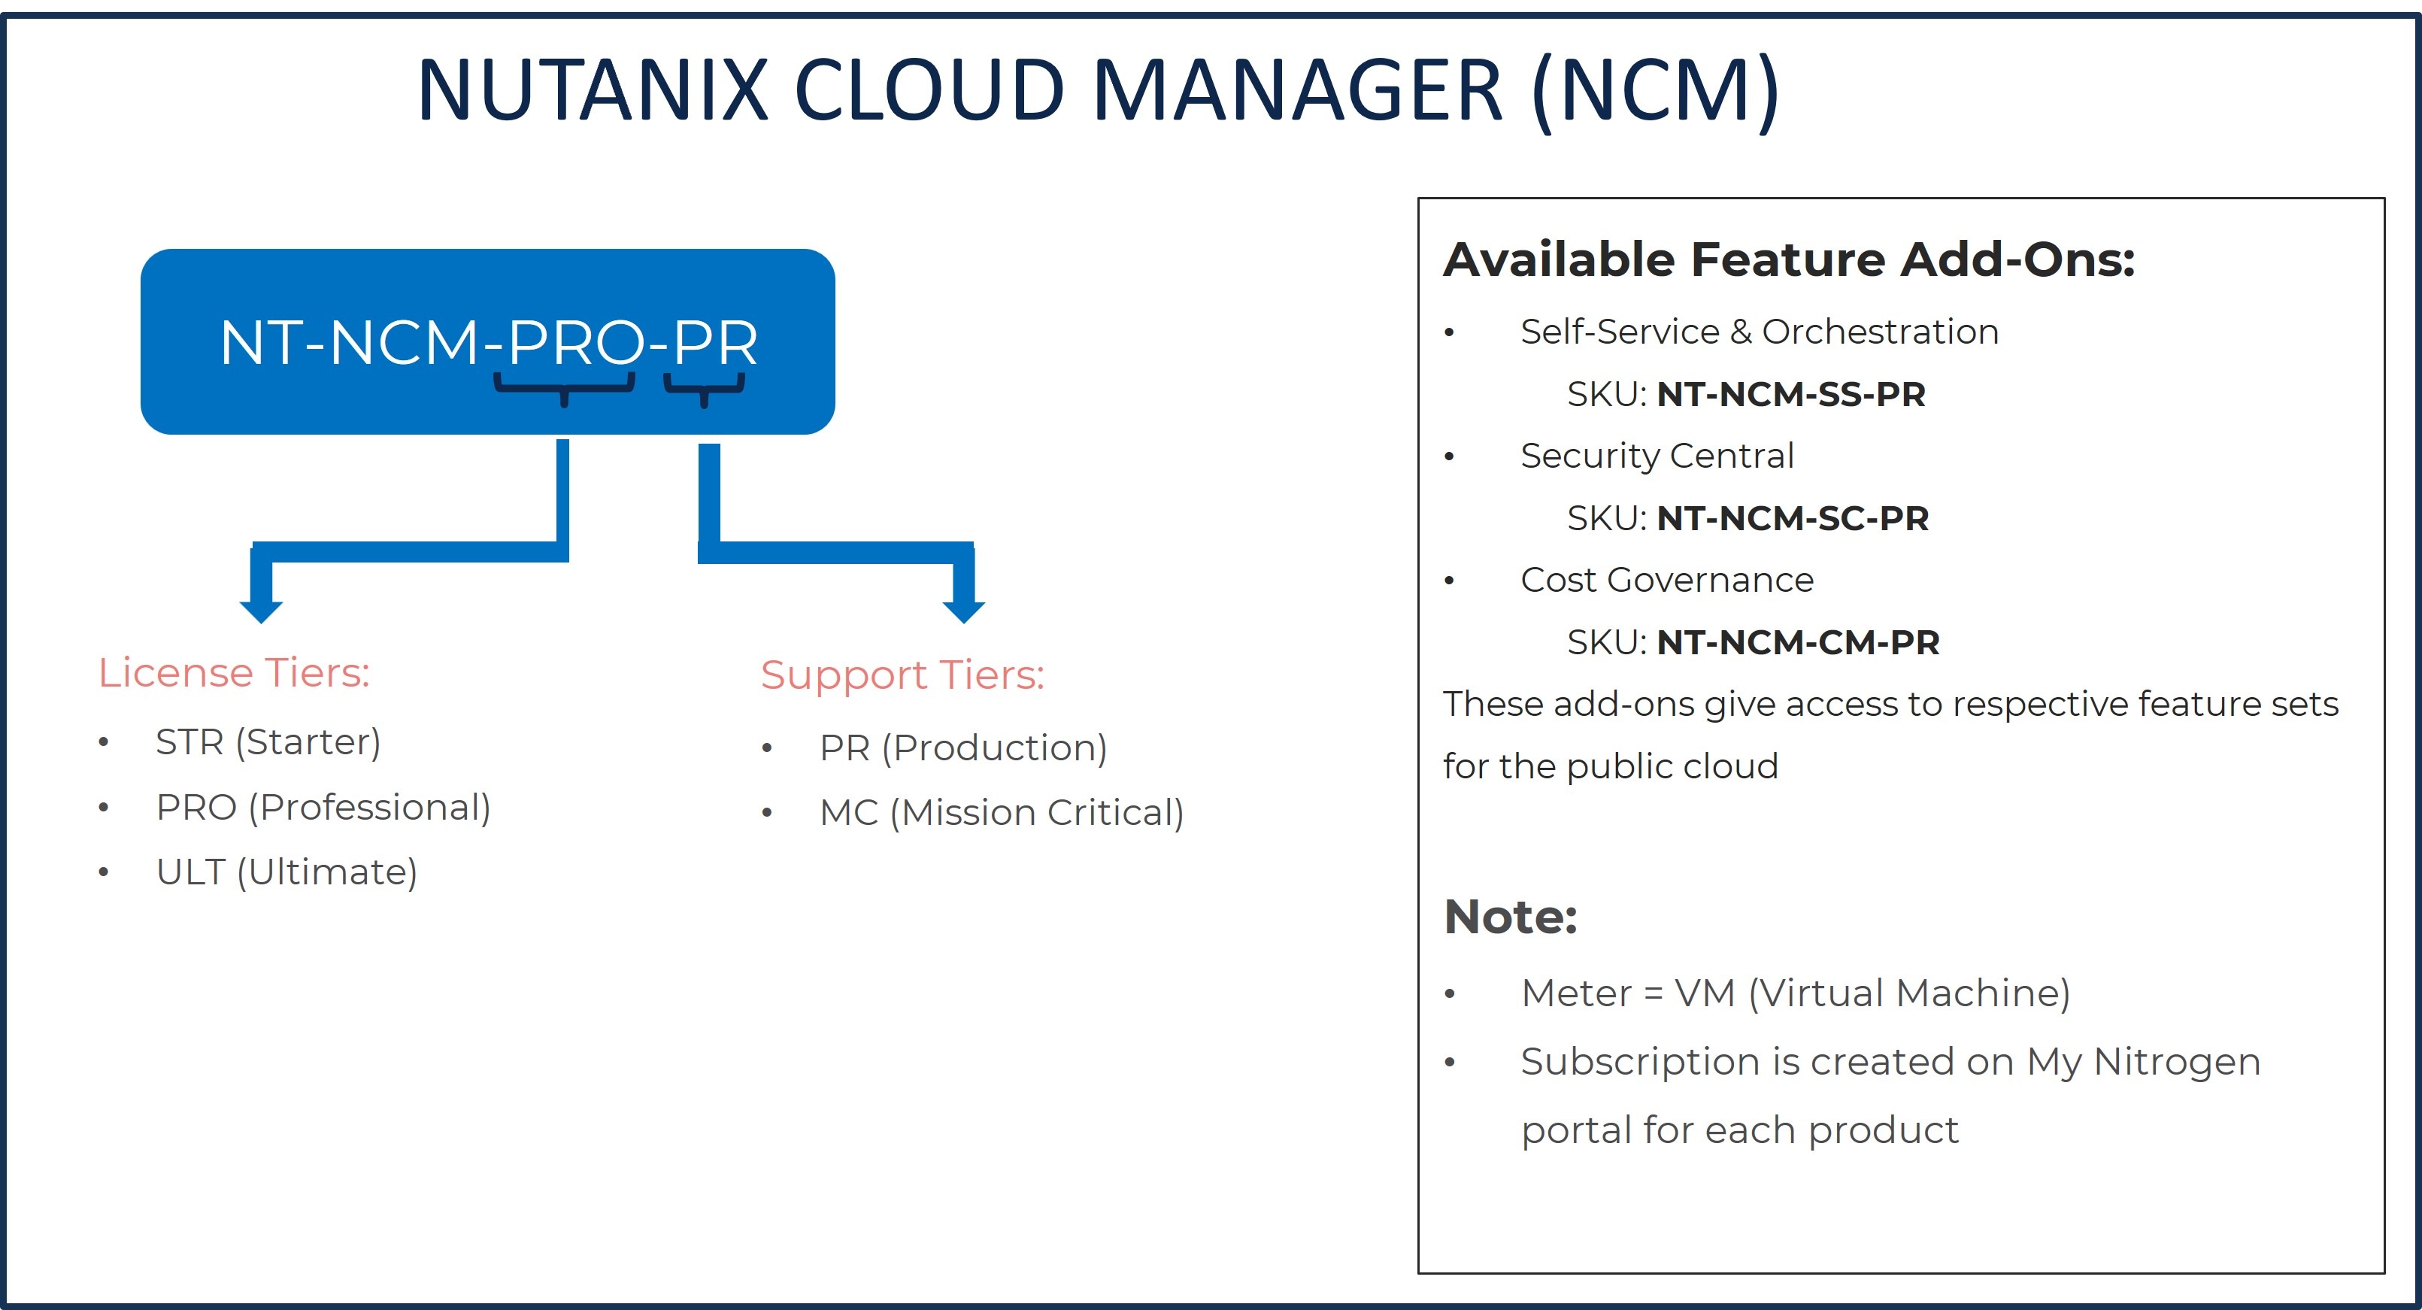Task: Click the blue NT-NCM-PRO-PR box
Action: [487, 341]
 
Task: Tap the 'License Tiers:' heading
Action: [234, 673]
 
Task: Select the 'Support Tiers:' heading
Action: [902, 675]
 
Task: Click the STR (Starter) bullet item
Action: [268, 742]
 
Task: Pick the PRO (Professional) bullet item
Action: [323, 807]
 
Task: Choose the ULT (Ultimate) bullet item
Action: [286, 872]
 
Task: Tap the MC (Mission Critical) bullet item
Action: [1002, 812]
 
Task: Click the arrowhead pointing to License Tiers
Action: [262, 609]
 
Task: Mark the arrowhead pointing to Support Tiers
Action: [964, 609]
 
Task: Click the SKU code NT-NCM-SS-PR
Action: [1791, 394]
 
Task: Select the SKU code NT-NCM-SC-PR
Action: [1793, 518]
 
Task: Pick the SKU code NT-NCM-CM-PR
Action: [1799, 642]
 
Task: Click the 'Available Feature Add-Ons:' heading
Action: [1789, 259]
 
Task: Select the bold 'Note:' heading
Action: [1510, 917]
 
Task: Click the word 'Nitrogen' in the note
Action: [2177, 1063]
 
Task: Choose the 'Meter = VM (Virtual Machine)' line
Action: [1796, 993]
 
